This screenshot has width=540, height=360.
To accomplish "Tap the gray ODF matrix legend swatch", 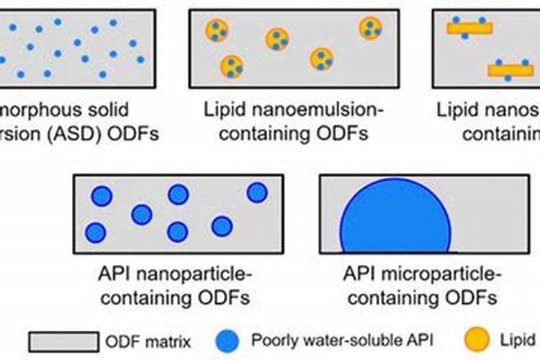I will coord(63,341).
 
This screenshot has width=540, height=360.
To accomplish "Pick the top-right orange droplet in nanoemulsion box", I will coord(371,28).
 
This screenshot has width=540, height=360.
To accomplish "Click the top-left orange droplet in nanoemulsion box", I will coord(216,31).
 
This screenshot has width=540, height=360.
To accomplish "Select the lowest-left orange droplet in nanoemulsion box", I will coord(232,66).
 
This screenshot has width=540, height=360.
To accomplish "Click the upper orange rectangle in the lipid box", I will coord(469,28).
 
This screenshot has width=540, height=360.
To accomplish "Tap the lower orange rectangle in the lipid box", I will coord(510,70).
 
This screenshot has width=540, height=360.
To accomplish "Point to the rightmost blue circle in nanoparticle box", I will coord(257,192).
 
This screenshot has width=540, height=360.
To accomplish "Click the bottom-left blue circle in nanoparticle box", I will coord(95,233).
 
